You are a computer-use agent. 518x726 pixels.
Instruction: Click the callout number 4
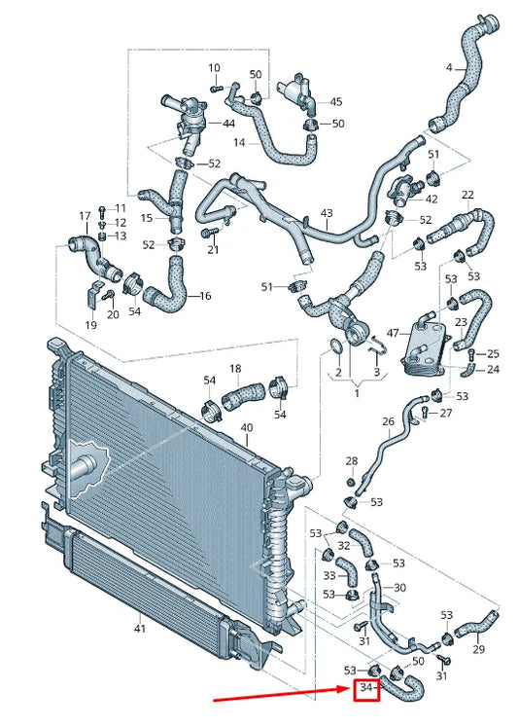click(x=449, y=68)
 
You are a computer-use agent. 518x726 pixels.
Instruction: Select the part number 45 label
click(x=336, y=101)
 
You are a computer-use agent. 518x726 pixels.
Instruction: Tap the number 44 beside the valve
click(x=229, y=124)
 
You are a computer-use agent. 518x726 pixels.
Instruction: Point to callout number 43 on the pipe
click(x=327, y=213)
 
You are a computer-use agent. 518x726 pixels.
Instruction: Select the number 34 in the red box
click(x=366, y=689)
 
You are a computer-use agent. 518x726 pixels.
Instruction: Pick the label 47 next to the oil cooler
click(x=393, y=333)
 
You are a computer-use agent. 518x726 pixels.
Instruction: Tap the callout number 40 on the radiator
click(x=246, y=428)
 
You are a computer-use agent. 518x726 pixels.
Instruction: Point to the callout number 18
click(x=235, y=369)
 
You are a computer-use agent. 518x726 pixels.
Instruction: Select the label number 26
click(x=388, y=421)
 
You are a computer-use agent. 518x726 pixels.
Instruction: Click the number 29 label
click(x=478, y=649)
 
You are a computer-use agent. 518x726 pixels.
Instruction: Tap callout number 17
click(x=85, y=215)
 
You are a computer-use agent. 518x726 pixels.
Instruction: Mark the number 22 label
click(x=467, y=195)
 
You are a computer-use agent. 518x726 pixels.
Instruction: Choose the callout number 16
click(x=204, y=295)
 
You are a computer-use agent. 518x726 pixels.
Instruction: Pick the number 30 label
click(x=399, y=588)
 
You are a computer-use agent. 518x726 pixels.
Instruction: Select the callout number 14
click(x=239, y=143)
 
